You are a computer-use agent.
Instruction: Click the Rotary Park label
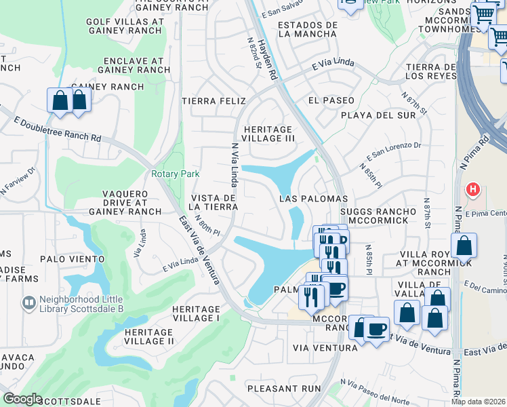[x=175, y=174]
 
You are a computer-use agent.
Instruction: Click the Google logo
[x=22, y=399]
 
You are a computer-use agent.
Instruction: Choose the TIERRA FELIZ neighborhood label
[x=214, y=100]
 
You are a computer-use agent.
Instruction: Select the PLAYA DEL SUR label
[x=378, y=115]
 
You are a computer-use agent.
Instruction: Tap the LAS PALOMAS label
[x=313, y=199]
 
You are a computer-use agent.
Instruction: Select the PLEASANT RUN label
[x=283, y=389]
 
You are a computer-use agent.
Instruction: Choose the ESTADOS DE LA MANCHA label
[x=308, y=29]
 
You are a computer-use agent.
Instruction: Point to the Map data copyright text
[x=479, y=401]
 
